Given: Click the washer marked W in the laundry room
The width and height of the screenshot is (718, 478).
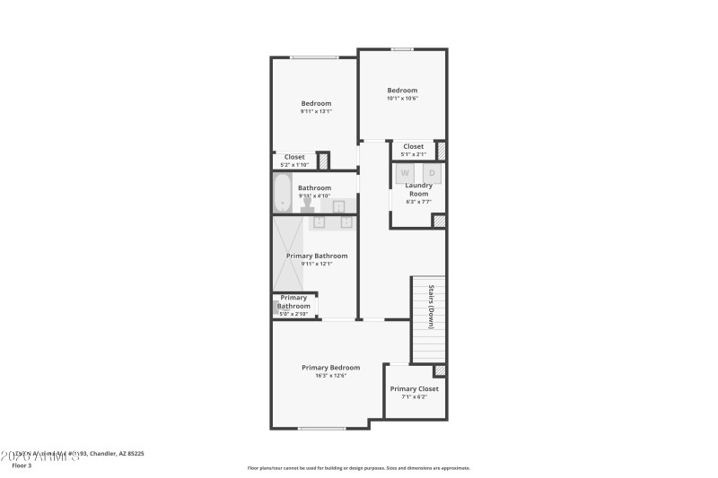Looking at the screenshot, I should [405, 173].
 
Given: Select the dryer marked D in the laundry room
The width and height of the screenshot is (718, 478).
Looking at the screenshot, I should [432, 173].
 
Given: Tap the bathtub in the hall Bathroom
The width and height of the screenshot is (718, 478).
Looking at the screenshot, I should [285, 193].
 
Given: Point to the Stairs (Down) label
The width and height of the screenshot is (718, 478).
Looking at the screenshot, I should [431, 306].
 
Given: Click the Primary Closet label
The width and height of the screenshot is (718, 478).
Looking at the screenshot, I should [414, 389].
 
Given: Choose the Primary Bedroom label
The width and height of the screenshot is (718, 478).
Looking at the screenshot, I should [330, 368].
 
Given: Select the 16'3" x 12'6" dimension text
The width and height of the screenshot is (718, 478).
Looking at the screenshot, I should [330, 376].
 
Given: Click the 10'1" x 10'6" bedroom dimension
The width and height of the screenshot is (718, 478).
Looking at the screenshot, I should [402, 99].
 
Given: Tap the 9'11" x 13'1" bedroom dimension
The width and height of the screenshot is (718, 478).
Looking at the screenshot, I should [316, 111].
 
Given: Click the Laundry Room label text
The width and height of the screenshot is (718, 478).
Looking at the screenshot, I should [418, 189].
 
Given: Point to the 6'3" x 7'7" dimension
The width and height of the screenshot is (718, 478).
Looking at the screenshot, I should [418, 202].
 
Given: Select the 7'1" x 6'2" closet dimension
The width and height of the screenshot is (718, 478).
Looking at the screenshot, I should [414, 397].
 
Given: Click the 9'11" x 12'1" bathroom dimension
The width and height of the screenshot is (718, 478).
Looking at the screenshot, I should [316, 264].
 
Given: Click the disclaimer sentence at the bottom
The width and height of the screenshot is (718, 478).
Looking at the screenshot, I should [358, 467].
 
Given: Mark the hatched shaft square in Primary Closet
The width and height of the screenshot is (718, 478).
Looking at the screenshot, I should [440, 370].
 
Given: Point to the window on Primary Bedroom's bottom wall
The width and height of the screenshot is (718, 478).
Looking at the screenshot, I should [321, 428].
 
